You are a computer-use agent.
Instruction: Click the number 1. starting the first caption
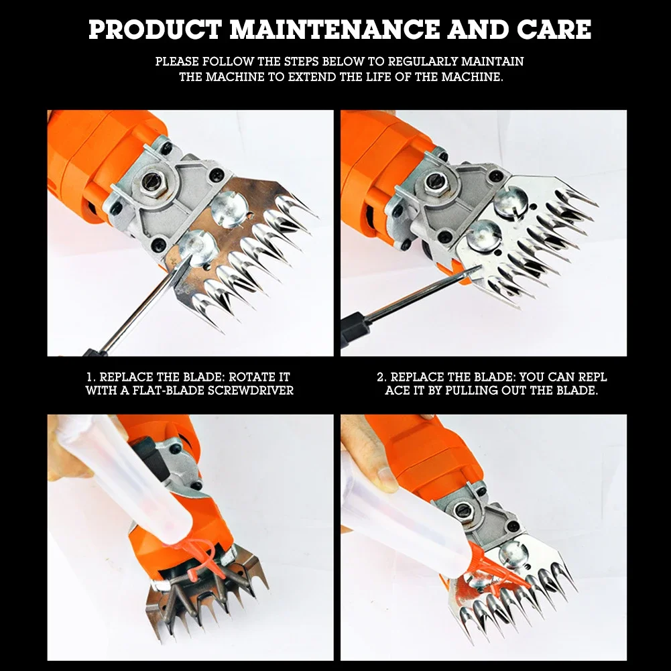pyautogui.click(x=91, y=377)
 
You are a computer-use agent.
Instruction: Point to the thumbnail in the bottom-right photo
pyautogui.click(x=387, y=478)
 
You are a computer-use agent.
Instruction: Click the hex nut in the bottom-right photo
pyautogui.click(x=462, y=510)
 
